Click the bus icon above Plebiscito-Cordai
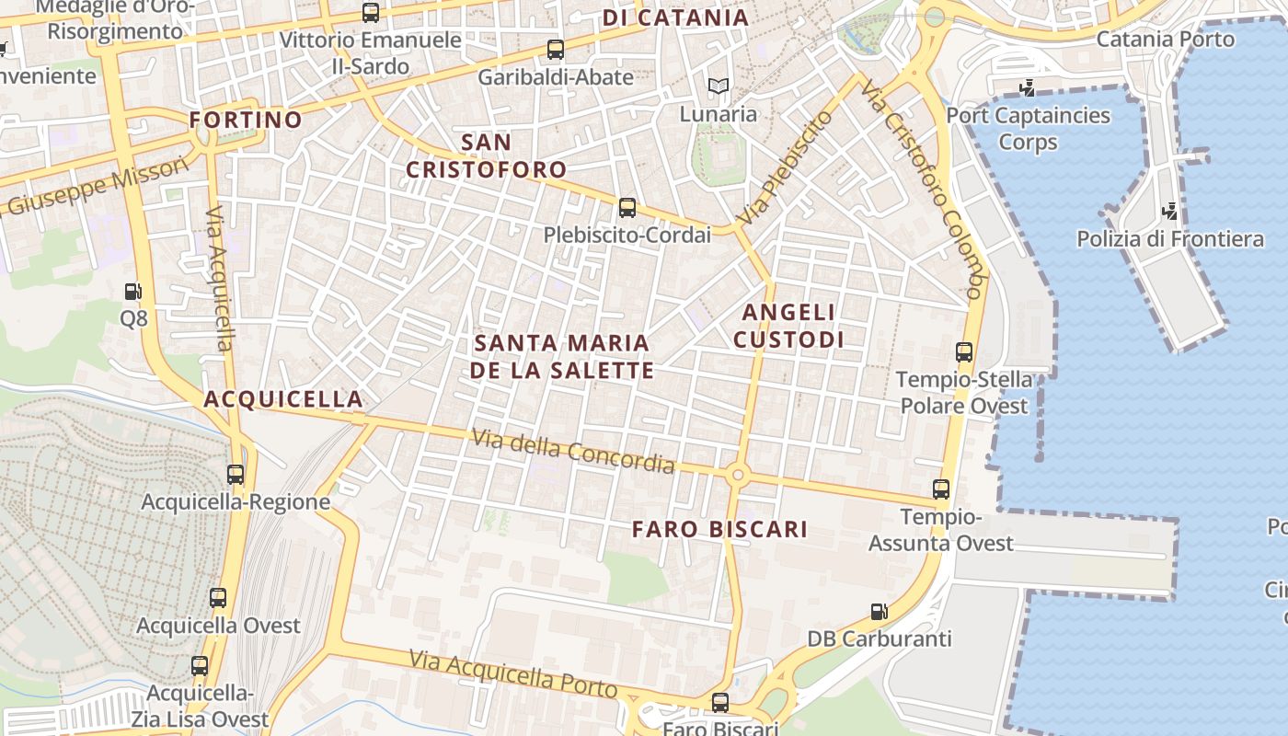click(627, 208)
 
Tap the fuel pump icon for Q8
click(133, 292)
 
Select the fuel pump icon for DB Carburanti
click(880, 612)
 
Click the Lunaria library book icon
click(719, 86)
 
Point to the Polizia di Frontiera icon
click(1169, 212)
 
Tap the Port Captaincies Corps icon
click(1028, 88)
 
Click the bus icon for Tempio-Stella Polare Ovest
click(964, 351)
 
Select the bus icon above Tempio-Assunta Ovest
click(940, 489)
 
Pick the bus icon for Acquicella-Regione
click(236, 475)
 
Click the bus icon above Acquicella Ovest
click(218, 598)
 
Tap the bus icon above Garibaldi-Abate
click(555, 50)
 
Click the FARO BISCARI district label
click(720, 529)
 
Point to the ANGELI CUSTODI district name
click(788, 326)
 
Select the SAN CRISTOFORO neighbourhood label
click(487, 156)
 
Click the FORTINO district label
click(246, 120)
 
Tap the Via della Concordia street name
click(573, 452)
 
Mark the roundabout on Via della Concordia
click(736, 476)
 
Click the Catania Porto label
click(1166, 40)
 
